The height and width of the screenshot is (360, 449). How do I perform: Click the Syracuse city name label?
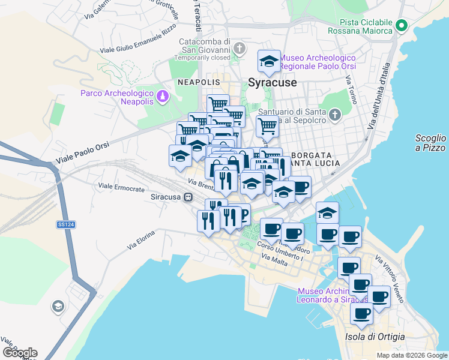click(x=273, y=82)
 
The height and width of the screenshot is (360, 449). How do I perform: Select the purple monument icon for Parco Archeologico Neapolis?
click(x=162, y=96)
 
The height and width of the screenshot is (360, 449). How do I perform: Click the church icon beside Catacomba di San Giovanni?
click(x=239, y=48)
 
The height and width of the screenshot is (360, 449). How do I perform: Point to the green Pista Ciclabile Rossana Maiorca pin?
click(x=402, y=26)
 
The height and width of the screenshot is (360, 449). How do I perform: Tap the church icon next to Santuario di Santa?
click(x=335, y=114)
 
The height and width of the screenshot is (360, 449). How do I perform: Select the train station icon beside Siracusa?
click(x=188, y=197)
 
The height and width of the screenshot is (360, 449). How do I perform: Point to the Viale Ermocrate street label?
click(x=121, y=188)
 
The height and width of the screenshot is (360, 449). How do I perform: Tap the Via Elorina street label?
click(x=141, y=239)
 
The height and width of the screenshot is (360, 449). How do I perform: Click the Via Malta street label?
click(x=275, y=258)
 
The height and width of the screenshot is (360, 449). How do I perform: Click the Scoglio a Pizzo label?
click(x=430, y=143)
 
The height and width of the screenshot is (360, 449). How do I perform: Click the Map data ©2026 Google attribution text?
click(x=411, y=355)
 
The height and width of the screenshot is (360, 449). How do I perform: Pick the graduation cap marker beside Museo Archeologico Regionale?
click(x=269, y=61)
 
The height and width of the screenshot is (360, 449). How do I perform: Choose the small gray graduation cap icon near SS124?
click(x=58, y=307)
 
